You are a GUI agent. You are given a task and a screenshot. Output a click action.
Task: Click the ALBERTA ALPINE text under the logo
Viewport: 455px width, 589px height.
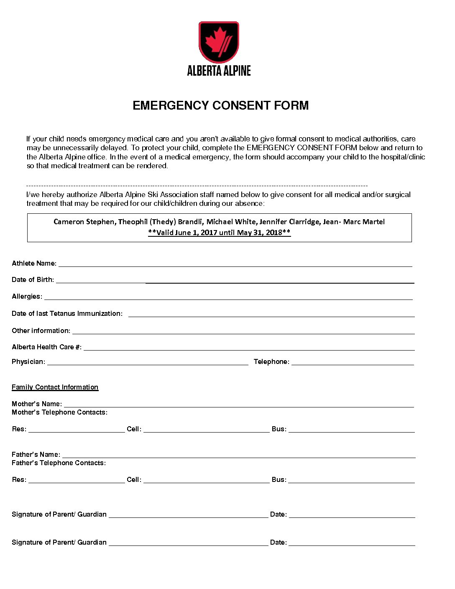[x=219, y=71]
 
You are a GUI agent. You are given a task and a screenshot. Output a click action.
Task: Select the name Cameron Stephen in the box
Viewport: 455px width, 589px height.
[x=84, y=222]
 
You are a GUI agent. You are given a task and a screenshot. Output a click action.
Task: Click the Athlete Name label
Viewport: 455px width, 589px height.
[x=34, y=264]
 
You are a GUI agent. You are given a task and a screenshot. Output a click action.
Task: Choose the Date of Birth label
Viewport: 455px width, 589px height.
[x=33, y=280]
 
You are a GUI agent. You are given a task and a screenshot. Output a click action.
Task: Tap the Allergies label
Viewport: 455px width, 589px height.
[x=27, y=297]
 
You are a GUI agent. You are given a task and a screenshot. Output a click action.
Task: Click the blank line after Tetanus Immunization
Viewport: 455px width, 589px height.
[x=271, y=315]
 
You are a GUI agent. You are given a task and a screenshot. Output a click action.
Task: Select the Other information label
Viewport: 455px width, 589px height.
[x=41, y=331]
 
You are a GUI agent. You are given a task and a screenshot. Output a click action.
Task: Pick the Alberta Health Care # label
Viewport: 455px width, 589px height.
[x=46, y=347]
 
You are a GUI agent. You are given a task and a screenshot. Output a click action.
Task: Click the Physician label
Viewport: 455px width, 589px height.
[x=28, y=362]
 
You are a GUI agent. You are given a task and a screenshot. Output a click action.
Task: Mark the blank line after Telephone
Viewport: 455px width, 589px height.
[x=353, y=363]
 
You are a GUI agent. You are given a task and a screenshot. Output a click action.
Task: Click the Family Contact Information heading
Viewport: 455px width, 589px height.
[x=55, y=387]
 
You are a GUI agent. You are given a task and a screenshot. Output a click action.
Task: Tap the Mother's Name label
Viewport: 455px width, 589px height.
[x=37, y=404]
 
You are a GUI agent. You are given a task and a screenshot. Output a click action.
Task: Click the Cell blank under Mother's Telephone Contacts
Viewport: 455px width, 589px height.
[x=207, y=430]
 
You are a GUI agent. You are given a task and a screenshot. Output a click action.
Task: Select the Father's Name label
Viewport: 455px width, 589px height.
[x=36, y=455]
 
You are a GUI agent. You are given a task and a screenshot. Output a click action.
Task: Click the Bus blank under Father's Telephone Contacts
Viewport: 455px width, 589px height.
[x=351, y=481]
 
